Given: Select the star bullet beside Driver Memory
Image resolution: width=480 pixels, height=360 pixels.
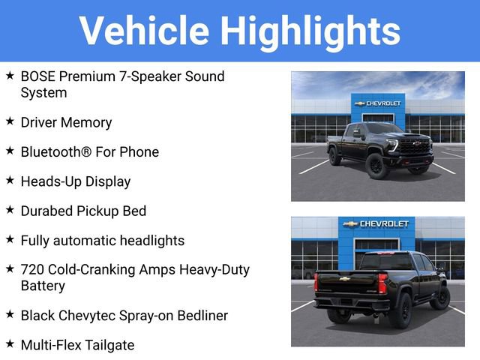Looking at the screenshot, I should coord(10,121).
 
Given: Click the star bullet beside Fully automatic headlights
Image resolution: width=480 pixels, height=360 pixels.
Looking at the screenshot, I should coord(10,240).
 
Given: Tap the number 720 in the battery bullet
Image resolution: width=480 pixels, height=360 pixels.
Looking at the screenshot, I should coord(32,270).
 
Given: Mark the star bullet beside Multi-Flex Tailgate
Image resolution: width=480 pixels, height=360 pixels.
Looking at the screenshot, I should coord(10,344).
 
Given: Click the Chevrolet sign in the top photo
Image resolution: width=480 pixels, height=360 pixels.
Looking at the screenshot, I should coord(378,103).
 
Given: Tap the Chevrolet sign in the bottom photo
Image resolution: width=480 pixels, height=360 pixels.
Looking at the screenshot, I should coord(376,224).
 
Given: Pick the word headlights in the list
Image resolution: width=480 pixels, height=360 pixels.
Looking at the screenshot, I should coord(150,241).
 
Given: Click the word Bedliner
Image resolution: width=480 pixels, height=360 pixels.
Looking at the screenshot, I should coord(196,316).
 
